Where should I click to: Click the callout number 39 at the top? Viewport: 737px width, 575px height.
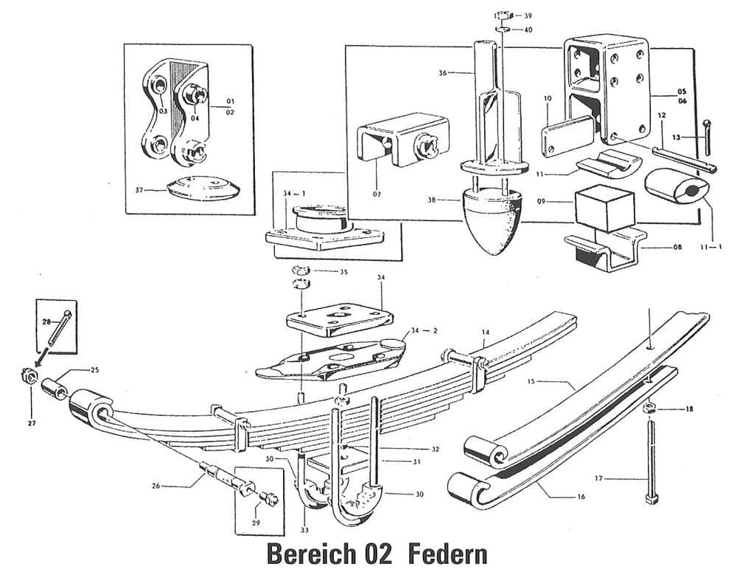click(528, 15)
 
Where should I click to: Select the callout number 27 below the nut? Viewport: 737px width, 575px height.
click(32, 423)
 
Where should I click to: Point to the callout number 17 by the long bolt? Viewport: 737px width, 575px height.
click(598, 479)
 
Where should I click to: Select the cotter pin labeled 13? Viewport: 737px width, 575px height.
click(707, 137)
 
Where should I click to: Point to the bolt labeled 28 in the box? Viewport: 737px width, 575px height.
click(59, 328)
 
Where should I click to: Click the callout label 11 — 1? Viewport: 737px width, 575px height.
click(710, 248)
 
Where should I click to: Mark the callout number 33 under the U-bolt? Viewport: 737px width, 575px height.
click(304, 530)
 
